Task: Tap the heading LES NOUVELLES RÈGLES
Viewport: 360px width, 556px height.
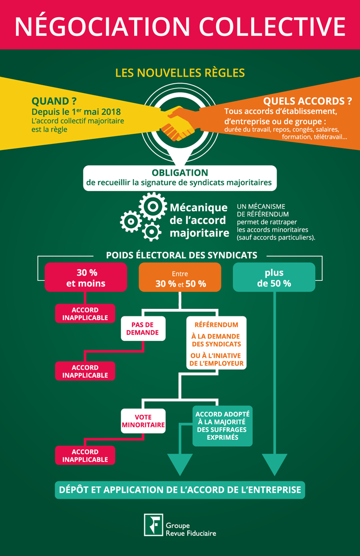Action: [x=180, y=73]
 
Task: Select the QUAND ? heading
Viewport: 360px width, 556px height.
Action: [x=54, y=101]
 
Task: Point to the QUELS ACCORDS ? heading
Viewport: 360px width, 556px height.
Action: [x=307, y=101]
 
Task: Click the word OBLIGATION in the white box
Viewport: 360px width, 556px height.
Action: [x=180, y=173]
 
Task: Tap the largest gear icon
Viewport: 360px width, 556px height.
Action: [x=153, y=206]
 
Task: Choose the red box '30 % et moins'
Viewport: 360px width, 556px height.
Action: [x=86, y=277]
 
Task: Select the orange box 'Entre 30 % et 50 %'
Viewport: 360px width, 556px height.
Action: [x=180, y=277]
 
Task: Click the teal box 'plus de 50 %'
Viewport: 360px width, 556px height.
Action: [x=274, y=277]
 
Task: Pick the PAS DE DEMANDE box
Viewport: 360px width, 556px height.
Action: [x=143, y=328]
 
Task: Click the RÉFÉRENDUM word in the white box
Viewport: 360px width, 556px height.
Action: [x=216, y=325]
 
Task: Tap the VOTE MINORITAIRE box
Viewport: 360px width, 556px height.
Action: [x=143, y=421]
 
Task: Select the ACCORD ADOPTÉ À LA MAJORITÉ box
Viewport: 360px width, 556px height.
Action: [x=223, y=426]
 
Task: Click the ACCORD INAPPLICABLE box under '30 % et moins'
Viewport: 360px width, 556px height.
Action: [x=85, y=313]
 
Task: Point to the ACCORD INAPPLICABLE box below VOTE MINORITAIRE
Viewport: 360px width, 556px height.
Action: [x=85, y=455]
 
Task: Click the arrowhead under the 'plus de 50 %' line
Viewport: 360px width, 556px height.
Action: [x=274, y=464]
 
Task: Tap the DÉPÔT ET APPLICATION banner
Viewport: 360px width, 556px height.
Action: [x=180, y=490]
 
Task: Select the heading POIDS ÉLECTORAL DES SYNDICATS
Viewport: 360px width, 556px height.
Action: [x=182, y=255]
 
